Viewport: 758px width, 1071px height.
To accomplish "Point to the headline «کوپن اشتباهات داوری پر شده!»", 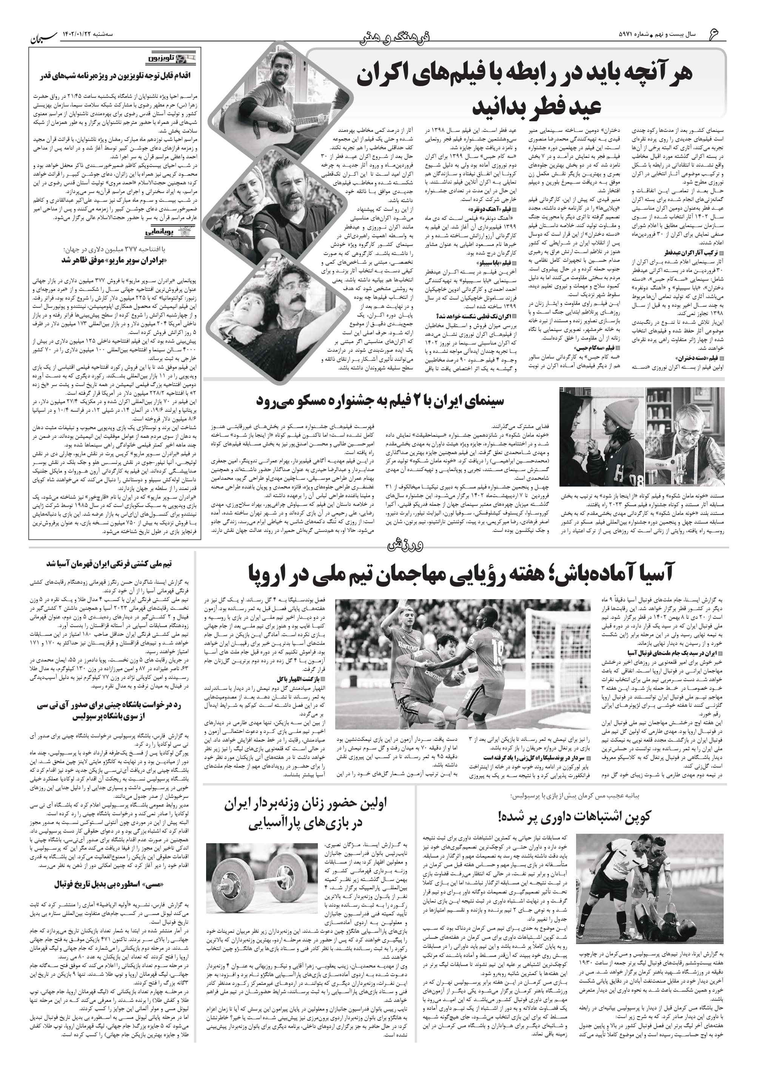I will (574, 816).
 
